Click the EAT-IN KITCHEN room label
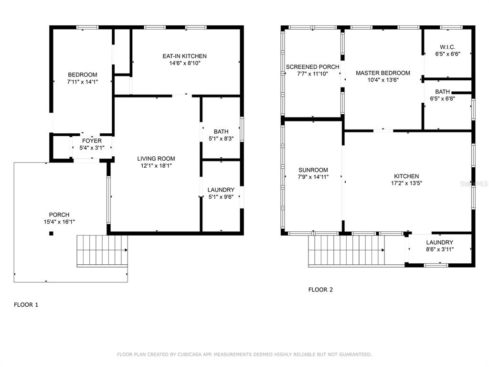[x=185, y=56]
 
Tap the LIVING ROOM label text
[x=156, y=159]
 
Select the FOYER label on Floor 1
[x=92, y=141]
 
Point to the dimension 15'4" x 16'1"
[x=59, y=222]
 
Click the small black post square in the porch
[x=51, y=233]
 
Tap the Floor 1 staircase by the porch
[x=102, y=251]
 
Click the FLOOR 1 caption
[x=26, y=305]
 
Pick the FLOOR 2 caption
[x=320, y=290]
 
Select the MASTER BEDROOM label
[x=383, y=73]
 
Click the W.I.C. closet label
[x=447, y=47]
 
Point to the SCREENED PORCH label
[x=312, y=67]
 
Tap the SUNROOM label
[x=313, y=170]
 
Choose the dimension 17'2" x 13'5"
[x=406, y=183]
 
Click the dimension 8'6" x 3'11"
[x=440, y=249]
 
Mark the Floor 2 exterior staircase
[x=346, y=251]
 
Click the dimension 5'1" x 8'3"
[x=221, y=139]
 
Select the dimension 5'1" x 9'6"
[x=221, y=197]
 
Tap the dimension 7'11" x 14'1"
[x=83, y=82]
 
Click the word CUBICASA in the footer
[x=190, y=355]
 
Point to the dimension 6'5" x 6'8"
[x=443, y=98]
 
